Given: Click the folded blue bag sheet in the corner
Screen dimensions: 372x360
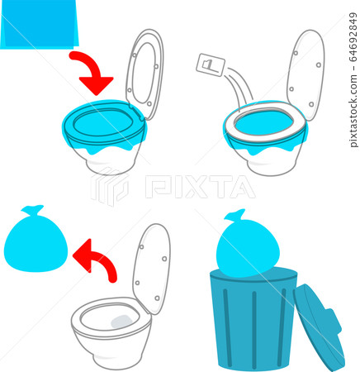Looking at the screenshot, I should click(39, 25).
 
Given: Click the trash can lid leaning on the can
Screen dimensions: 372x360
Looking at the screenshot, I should click(320, 327).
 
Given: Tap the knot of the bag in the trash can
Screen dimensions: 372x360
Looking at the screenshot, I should click(235, 217).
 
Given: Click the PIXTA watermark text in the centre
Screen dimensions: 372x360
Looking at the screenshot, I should click(200, 187).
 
